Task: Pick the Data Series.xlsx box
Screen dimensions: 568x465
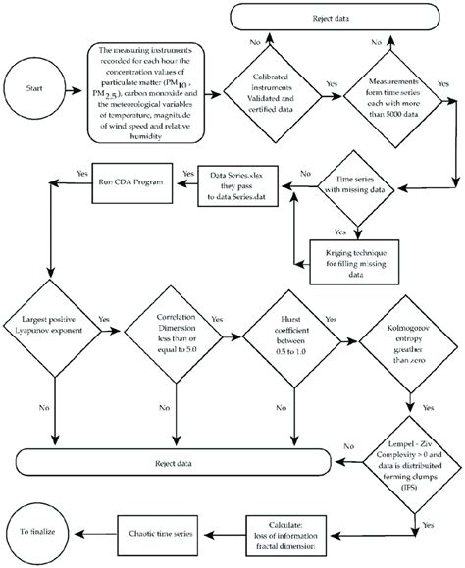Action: point(236,181)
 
